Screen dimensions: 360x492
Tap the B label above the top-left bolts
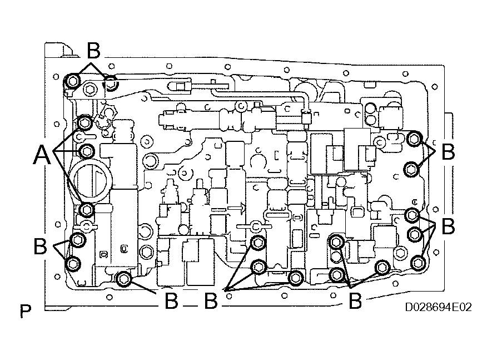tap(93, 51)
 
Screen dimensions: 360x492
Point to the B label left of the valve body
tap(40, 246)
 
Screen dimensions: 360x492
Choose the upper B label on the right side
tap(448, 152)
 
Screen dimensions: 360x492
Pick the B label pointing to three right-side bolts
tap(448, 226)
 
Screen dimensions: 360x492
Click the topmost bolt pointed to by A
tap(85, 122)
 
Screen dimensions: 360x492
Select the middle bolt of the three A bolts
tap(87, 151)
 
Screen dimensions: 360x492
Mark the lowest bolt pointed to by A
tap(87, 209)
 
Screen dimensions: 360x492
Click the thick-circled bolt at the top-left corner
tap(71, 82)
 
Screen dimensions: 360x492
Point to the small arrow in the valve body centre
tap(236, 209)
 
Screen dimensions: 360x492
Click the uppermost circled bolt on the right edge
tap(414, 139)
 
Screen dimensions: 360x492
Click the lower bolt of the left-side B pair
tap(73, 263)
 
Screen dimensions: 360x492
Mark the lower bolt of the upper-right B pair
tap(410, 169)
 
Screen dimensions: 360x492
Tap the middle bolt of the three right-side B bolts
tap(415, 234)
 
